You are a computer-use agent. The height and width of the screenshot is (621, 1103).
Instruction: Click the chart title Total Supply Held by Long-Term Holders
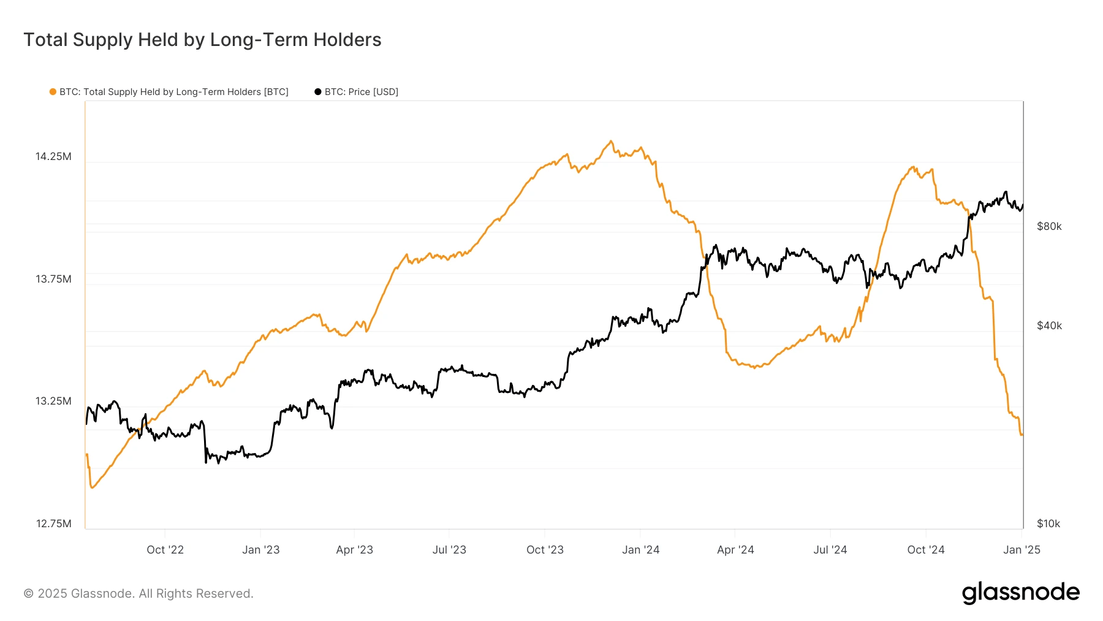click(202, 40)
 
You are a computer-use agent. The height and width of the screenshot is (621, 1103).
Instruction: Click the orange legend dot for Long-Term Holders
click(53, 92)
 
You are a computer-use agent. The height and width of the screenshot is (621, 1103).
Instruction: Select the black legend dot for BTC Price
click(317, 92)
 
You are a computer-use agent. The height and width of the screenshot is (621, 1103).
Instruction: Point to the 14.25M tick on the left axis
click(53, 156)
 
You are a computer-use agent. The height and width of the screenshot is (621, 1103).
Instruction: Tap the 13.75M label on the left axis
click(53, 279)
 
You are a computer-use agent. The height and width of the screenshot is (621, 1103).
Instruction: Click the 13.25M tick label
click(53, 401)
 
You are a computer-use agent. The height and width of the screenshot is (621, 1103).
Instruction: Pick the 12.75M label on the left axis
click(53, 524)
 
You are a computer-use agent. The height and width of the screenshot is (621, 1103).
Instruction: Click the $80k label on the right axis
click(1049, 226)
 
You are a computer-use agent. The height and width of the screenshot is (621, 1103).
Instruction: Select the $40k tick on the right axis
click(1049, 326)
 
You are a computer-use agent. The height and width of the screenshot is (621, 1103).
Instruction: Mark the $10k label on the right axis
click(1048, 524)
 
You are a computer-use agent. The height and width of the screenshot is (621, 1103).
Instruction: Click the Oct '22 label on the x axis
click(165, 550)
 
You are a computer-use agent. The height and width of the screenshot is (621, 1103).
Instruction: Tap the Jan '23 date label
click(260, 550)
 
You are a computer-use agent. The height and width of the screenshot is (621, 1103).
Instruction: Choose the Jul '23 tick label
click(449, 550)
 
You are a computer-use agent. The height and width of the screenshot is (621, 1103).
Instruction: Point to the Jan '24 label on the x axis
click(640, 550)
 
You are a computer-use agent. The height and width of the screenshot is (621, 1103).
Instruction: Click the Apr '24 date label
click(735, 550)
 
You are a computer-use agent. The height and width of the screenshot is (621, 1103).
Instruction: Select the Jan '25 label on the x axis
click(1022, 550)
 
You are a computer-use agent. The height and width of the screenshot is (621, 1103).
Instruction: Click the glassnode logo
click(1020, 593)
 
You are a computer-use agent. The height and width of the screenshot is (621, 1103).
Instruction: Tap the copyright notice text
click(138, 593)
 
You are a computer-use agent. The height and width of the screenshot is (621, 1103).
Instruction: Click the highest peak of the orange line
click(610, 141)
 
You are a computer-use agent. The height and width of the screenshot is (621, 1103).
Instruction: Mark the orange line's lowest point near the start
click(92, 488)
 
